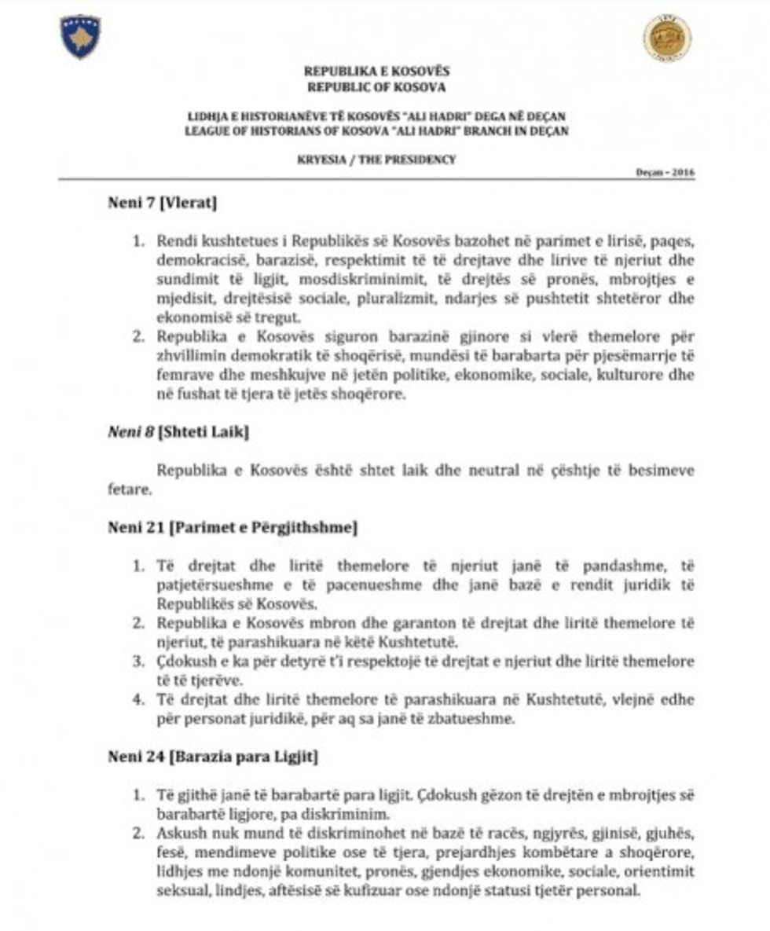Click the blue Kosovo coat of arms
pyautogui.click(x=80, y=35)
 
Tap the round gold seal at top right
pyautogui.click(x=667, y=37)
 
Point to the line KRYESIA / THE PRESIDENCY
pyautogui.click(x=376, y=159)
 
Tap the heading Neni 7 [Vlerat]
pyautogui.click(x=162, y=203)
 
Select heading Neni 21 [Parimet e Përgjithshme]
pyautogui.click(x=233, y=527)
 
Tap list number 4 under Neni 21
pyautogui.click(x=137, y=699)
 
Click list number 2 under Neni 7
pyautogui.click(x=137, y=338)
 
